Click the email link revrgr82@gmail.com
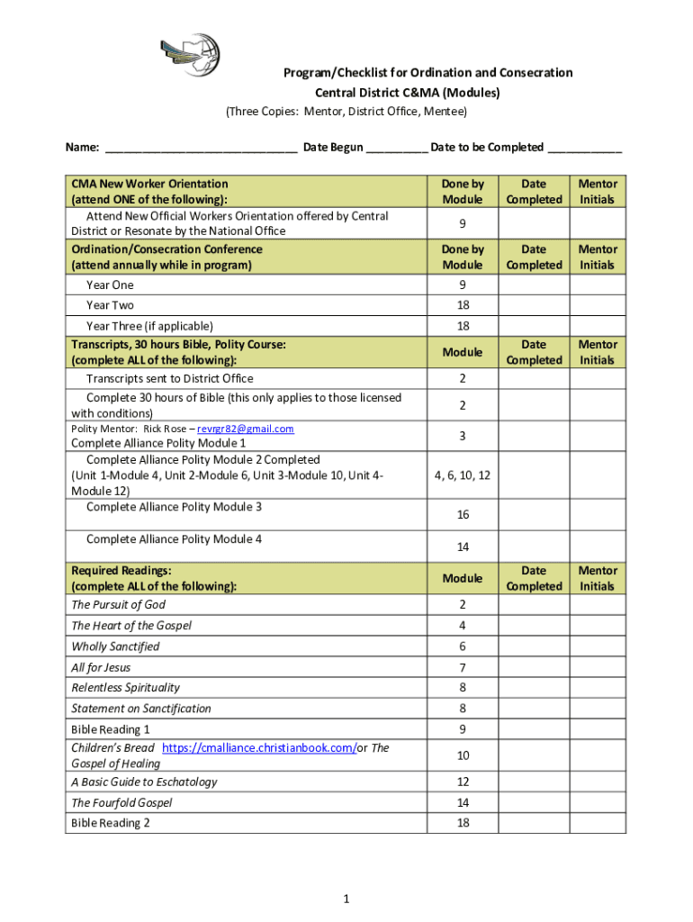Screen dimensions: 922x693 pyautogui.click(x=246, y=429)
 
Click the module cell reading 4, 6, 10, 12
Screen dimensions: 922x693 pyautogui.click(x=462, y=475)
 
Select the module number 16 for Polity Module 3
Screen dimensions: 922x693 pyautogui.click(x=462, y=514)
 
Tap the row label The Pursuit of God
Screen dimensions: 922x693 pyautogui.click(x=118, y=605)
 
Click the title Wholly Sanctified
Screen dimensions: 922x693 pyautogui.click(x=115, y=646)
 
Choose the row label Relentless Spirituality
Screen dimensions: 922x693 pyautogui.click(x=125, y=688)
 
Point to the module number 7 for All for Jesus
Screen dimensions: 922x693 pyautogui.click(x=462, y=667)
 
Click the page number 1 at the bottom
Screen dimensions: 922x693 pyautogui.click(x=346, y=899)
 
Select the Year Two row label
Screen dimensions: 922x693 pyautogui.click(x=110, y=305)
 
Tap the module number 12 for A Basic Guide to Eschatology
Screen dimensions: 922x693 pyautogui.click(x=462, y=782)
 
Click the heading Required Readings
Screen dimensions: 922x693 pyautogui.click(x=121, y=570)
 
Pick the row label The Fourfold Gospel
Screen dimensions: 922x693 pyautogui.click(x=121, y=802)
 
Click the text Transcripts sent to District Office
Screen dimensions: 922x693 pyautogui.click(x=169, y=379)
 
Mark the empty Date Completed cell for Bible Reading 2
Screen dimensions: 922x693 pyautogui.click(x=533, y=823)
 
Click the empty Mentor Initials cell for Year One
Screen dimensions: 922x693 pyautogui.click(x=598, y=285)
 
